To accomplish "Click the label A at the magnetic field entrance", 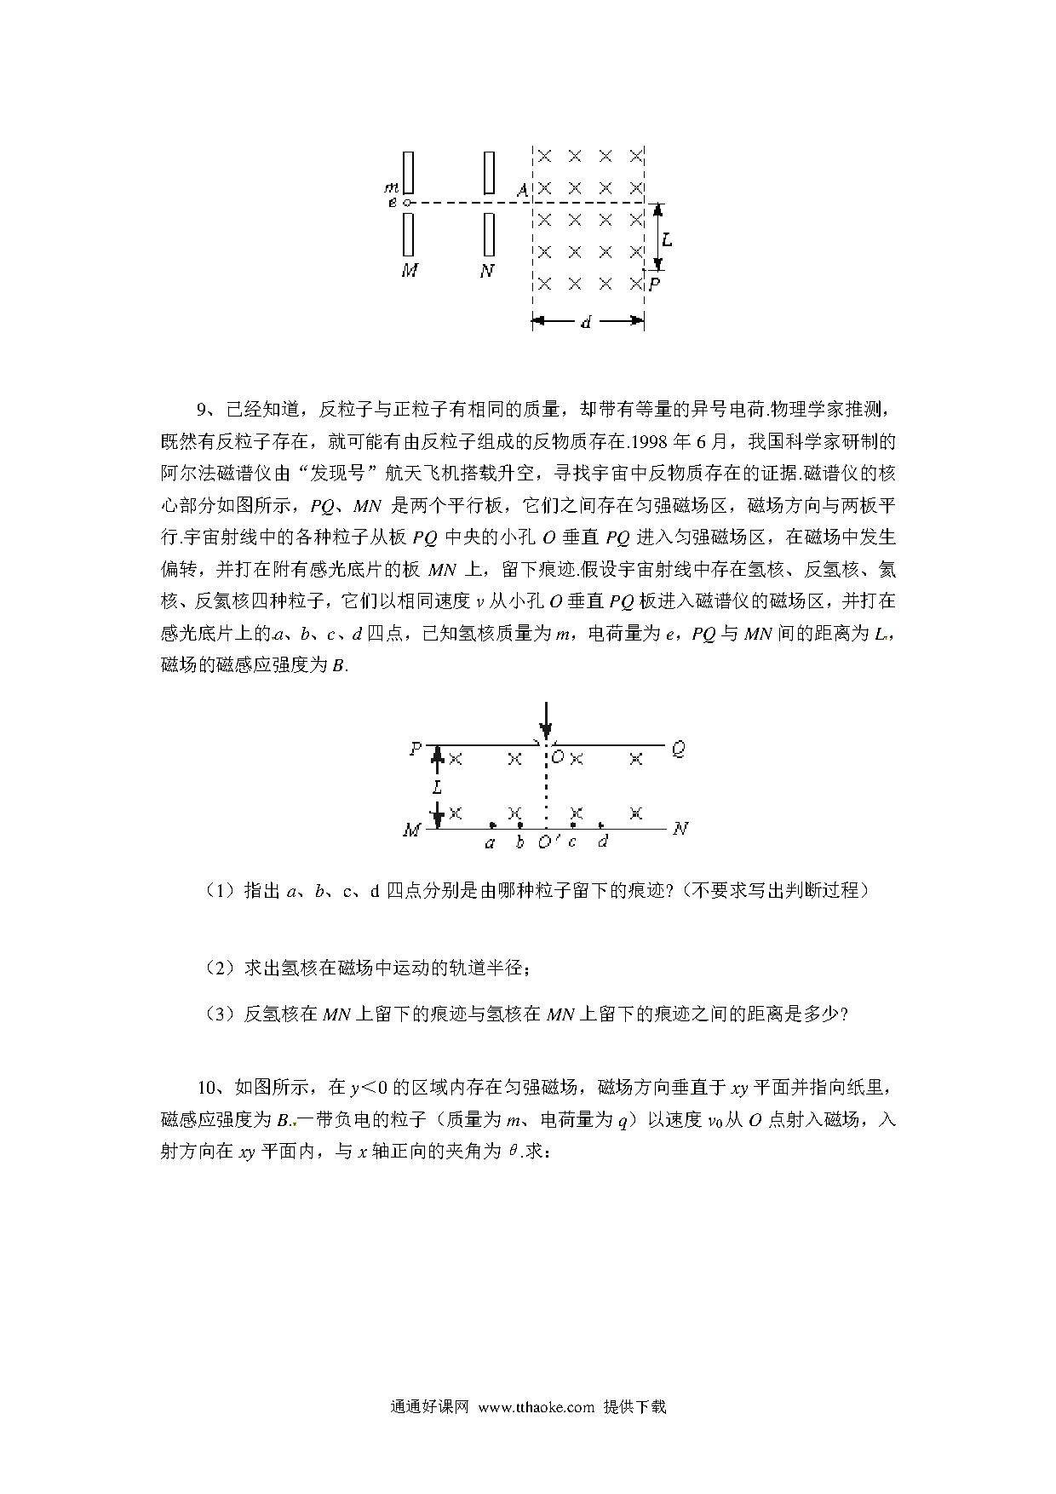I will [x=522, y=190].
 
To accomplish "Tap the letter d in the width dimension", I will [x=586, y=322].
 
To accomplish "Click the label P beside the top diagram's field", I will [x=654, y=284].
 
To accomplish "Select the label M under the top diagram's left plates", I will [x=410, y=271].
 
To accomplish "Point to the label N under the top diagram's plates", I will [x=487, y=271].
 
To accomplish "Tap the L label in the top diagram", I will [x=667, y=239].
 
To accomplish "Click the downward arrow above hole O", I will [x=546, y=720].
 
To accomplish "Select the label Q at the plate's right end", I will [x=678, y=750].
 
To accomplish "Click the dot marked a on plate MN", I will [x=492, y=825].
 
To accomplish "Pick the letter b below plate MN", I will [x=519, y=842].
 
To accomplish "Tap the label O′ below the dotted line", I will [x=548, y=842].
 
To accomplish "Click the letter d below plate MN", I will [x=603, y=842].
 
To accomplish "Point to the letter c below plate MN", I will [x=572, y=842].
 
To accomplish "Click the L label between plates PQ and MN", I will [x=437, y=787].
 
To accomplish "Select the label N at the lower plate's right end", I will [x=680, y=829].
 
